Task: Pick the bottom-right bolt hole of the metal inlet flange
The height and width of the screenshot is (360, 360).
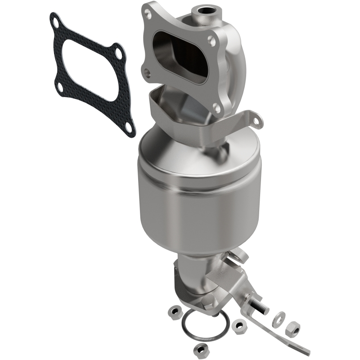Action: (216, 109)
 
